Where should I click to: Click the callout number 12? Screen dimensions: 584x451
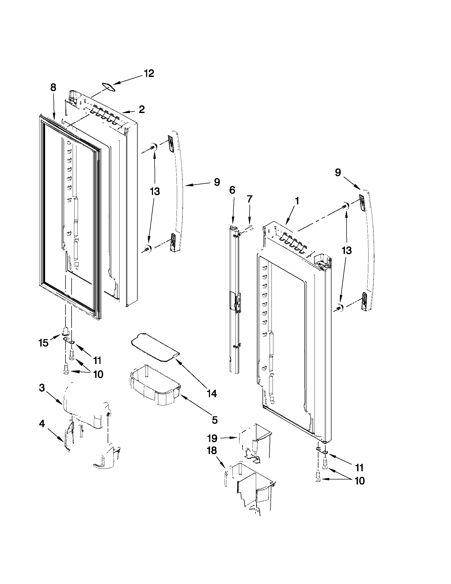[x=149, y=73]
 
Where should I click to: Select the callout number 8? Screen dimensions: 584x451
[x=53, y=88]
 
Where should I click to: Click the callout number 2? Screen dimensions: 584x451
[x=142, y=109]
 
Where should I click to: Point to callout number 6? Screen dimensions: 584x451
[x=232, y=190]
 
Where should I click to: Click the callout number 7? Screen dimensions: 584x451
[x=249, y=199]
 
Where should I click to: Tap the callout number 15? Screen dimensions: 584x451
[x=43, y=343]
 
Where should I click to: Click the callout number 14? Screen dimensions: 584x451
[x=211, y=393]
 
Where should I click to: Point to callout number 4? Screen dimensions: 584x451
[x=42, y=424]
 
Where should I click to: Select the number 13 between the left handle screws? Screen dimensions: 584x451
[x=155, y=192]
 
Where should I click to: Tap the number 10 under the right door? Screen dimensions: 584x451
[x=360, y=481]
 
